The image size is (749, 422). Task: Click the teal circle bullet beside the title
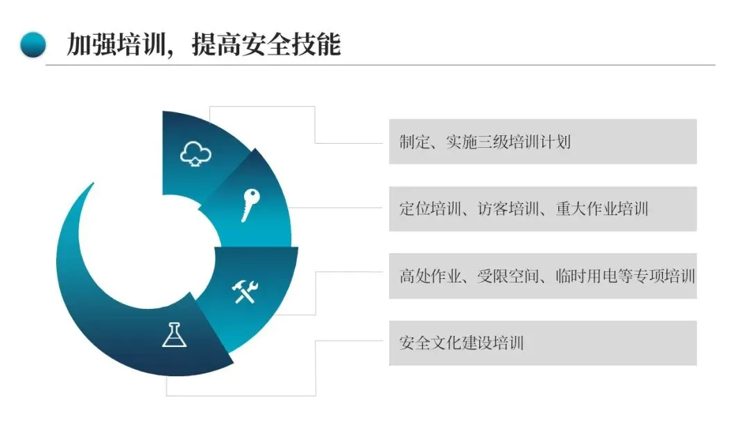(x=33, y=45)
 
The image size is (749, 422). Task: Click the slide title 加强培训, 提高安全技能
(x=203, y=45)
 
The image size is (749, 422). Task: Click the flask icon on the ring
(x=174, y=335)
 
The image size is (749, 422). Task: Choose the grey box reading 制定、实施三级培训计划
(x=542, y=142)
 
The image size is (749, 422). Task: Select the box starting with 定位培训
(x=542, y=208)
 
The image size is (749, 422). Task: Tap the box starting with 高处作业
(x=542, y=276)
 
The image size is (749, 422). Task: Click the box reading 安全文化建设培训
(x=542, y=343)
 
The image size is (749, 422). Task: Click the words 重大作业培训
(x=602, y=208)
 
